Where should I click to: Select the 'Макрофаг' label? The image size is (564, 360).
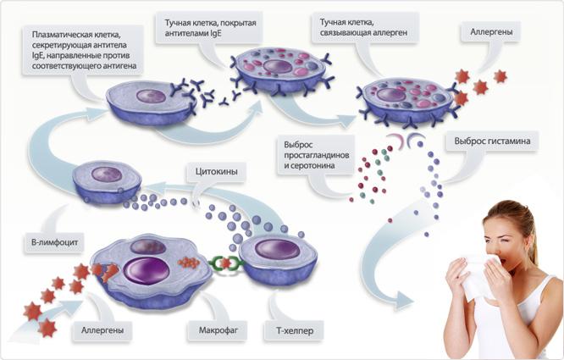tap(208, 326)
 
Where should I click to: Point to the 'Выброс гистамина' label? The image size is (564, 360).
tap(494, 141)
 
